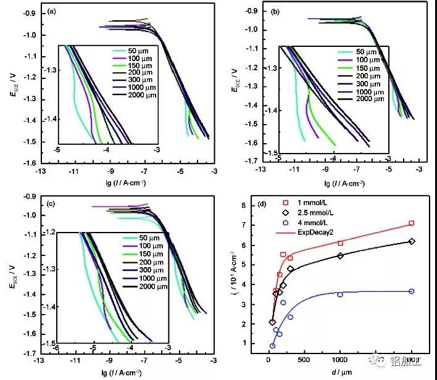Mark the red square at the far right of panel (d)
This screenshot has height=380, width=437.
(x=411, y=223)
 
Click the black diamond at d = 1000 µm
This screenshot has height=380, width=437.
(x=340, y=255)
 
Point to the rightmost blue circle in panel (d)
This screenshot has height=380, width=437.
(x=411, y=291)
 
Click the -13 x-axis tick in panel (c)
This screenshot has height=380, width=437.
(x=40, y=360)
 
